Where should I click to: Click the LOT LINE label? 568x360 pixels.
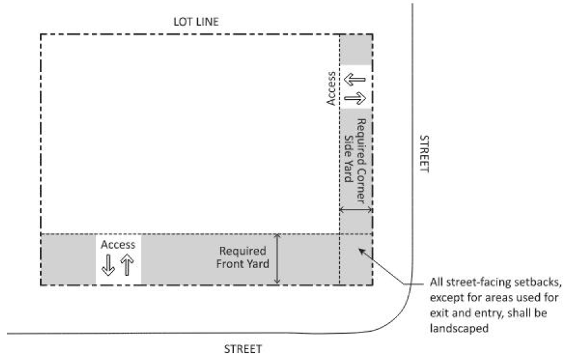point(196,22)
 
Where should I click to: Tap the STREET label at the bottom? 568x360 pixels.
point(244,350)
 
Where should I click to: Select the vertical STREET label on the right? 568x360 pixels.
point(423,154)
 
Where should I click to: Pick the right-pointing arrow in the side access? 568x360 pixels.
point(355,98)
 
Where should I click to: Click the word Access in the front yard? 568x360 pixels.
point(118,245)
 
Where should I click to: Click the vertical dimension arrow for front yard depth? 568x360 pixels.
point(278,259)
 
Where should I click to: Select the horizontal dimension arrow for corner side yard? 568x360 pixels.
point(355,210)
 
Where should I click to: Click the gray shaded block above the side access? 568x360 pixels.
point(355,50)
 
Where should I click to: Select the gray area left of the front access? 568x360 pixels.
point(68,260)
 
